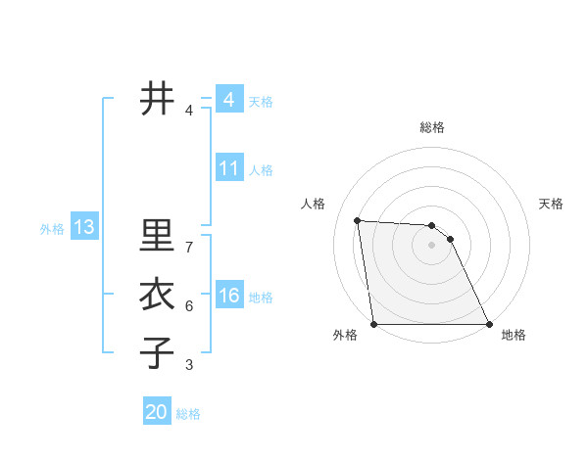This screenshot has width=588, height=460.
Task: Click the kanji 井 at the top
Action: (156, 98)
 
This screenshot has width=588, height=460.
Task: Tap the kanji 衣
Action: (156, 295)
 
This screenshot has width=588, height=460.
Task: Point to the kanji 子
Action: (156, 352)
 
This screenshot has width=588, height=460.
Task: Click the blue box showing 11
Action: (229, 168)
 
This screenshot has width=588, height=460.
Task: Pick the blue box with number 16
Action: (229, 296)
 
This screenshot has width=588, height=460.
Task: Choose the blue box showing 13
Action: (84, 228)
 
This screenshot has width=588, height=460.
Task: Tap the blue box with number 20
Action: (156, 412)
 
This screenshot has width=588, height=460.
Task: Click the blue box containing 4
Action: (229, 100)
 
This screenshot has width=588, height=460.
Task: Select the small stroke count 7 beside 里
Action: (189, 248)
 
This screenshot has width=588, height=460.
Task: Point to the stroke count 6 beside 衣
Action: (189, 306)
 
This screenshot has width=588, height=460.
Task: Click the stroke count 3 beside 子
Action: (189, 365)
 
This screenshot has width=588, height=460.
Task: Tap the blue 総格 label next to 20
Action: (188, 414)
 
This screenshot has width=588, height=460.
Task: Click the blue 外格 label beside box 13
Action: (52, 229)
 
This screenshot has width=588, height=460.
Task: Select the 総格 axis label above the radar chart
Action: (432, 127)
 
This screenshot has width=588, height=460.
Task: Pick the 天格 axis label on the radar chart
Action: (552, 204)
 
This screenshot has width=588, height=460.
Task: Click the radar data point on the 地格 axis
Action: (489, 324)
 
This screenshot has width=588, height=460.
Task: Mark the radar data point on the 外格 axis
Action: (373, 324)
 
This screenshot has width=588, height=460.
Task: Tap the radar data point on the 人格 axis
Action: (358, 221)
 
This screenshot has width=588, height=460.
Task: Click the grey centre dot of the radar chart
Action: (431, 245)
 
